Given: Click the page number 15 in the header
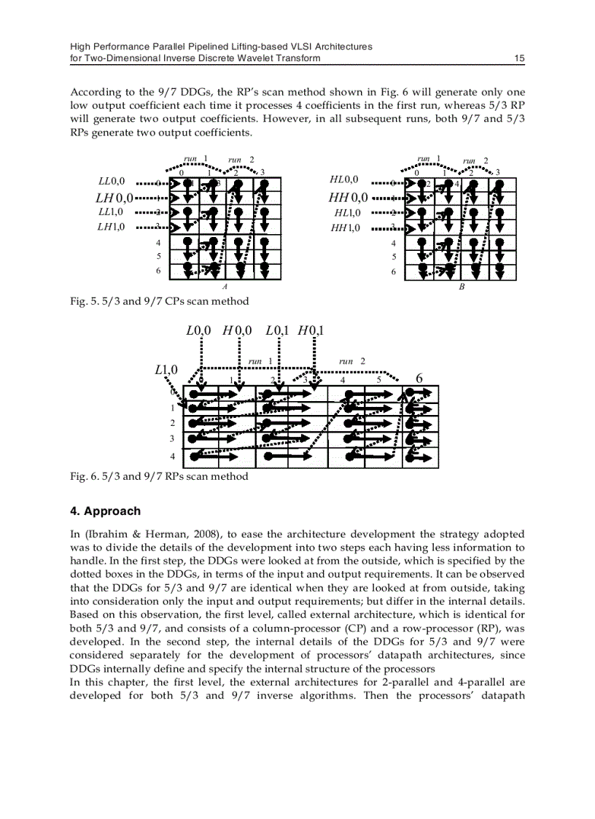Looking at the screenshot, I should [519, 58].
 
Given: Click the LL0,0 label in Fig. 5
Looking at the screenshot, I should [111, 180].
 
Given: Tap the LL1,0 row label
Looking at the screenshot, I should [111, 211].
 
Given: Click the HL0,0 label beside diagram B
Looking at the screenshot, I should [345, 179].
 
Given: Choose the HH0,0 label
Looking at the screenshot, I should [349, 197].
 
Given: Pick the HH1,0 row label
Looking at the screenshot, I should [346, 228].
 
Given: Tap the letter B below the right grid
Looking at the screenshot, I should [462, 287].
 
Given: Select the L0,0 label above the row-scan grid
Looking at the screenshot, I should [198, 330].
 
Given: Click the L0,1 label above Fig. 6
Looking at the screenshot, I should [278, 330].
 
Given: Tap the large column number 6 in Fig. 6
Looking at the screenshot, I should [419, 379].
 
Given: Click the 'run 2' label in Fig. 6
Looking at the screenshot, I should [352, 361].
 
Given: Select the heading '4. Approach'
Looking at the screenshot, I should [105, 511].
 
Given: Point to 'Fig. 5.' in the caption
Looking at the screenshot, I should [83, 301].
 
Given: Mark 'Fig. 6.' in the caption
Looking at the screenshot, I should [83, 476].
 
